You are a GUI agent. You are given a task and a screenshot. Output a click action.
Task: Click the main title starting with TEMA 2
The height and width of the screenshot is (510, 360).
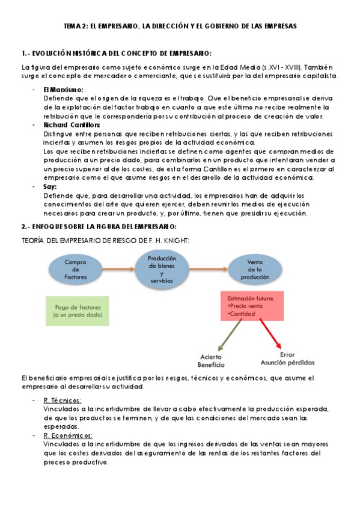180,26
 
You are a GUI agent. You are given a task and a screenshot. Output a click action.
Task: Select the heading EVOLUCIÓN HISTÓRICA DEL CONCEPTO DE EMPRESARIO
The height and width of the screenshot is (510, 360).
116,54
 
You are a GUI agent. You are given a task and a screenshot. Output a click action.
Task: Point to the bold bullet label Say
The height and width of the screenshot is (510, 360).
50,187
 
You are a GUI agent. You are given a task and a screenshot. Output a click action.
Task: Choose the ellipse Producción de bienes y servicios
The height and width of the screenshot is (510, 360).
161,269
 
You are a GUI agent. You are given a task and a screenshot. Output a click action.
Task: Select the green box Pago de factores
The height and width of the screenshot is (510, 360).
78,311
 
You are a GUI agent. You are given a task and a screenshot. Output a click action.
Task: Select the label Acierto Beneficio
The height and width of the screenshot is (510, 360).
211,361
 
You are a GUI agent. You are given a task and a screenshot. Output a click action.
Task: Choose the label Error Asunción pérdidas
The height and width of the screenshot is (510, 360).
287,358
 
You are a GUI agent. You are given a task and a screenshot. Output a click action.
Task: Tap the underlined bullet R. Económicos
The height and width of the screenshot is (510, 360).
67,435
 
